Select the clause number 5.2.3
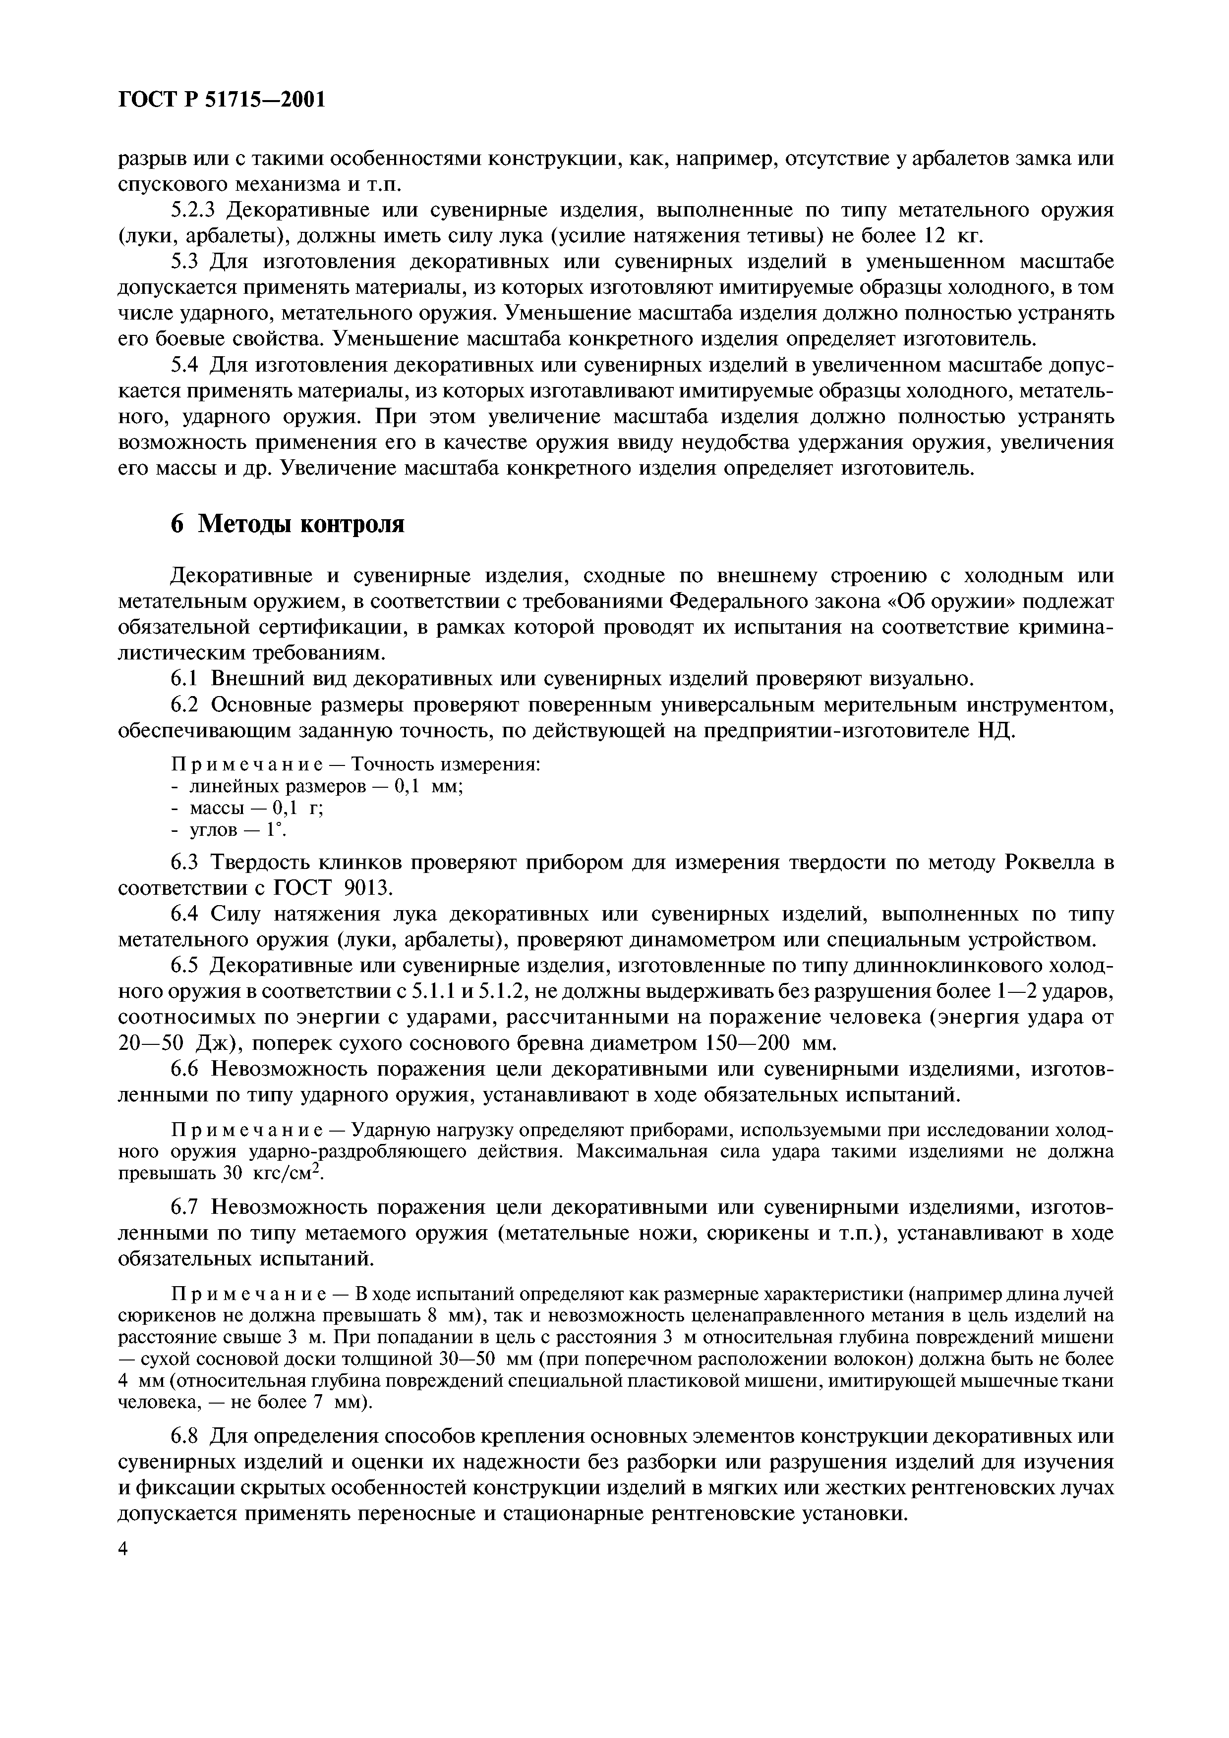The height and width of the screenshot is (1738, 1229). click(x=193, y=210)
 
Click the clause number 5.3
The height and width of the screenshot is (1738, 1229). click(x=185, y=262)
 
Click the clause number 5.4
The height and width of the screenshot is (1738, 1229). click(x=185, y=365)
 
